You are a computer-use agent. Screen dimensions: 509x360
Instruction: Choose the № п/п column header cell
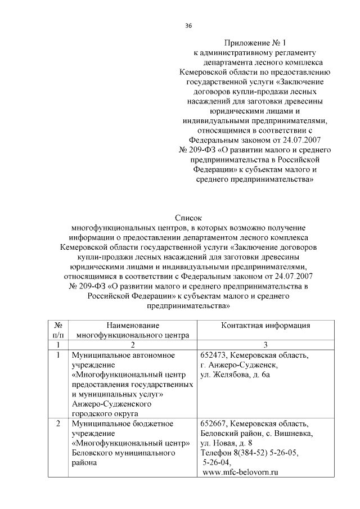tap(58, 330)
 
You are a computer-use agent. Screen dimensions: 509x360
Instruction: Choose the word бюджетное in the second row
tap(149, 423)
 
